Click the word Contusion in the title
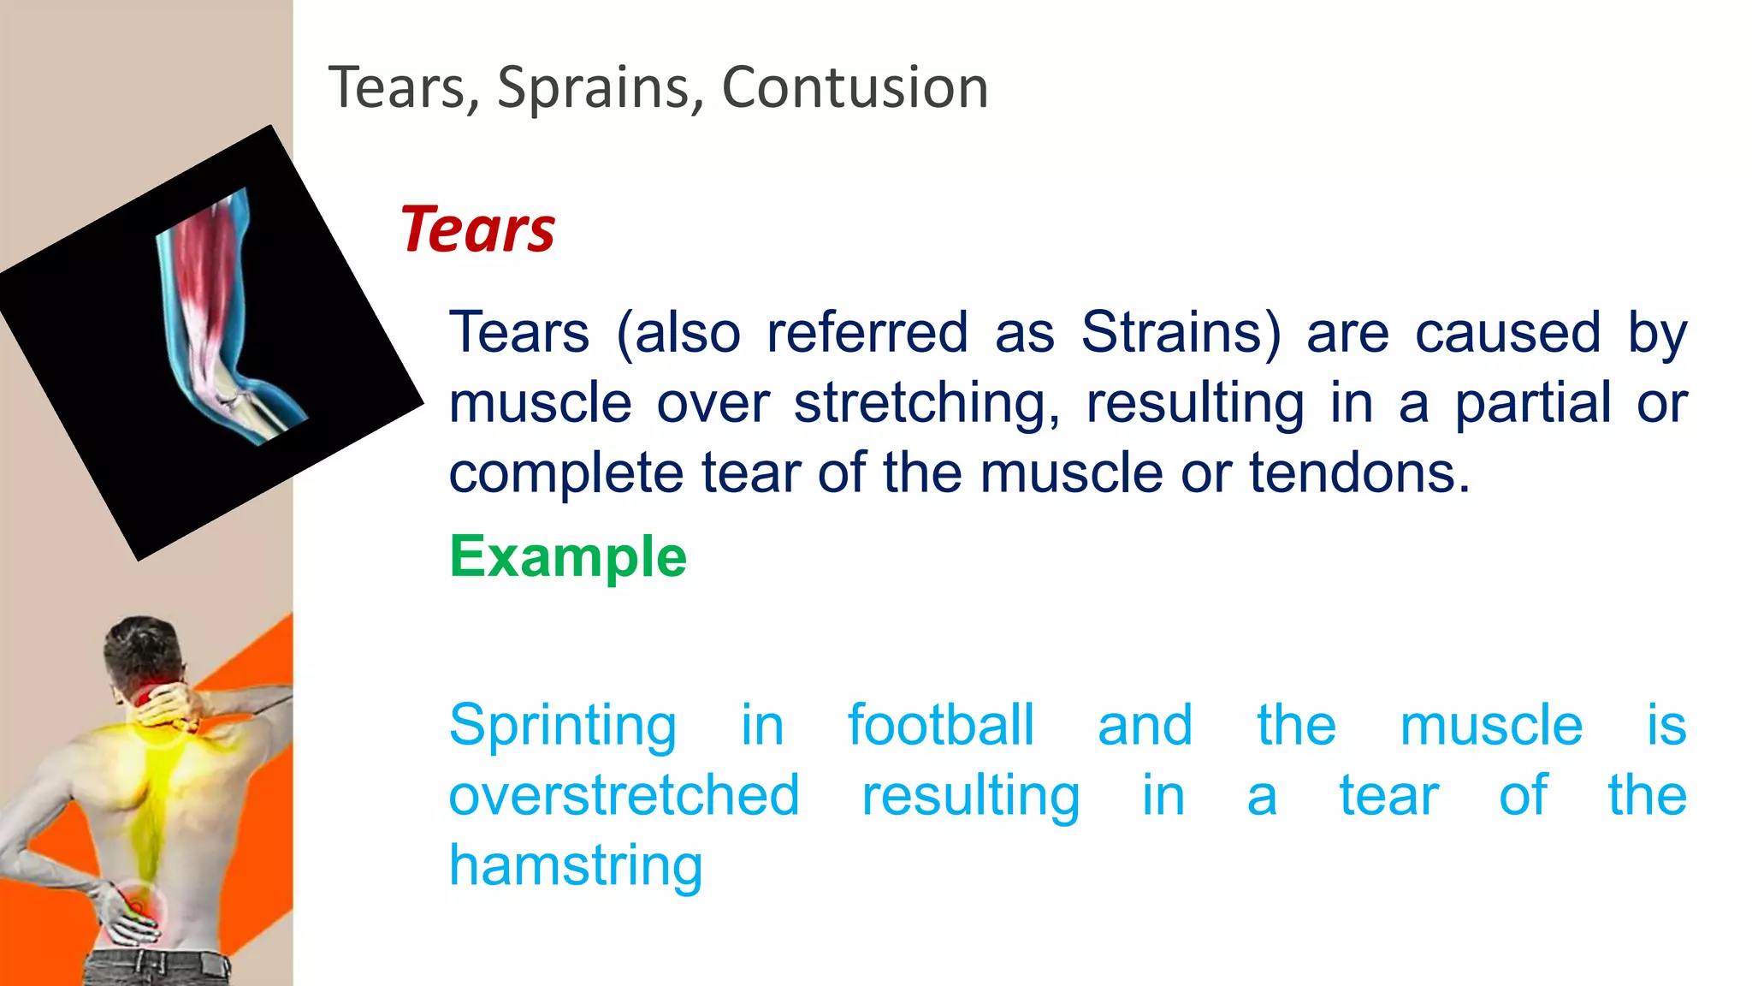(855, 87)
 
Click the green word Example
(568, 557)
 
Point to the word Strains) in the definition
(1181, 332)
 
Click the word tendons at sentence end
(1358, 472)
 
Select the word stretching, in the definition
(926, 403)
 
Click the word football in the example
(940, 725)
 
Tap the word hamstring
(576, 865)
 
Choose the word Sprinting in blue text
(563, 726)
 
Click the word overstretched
(624, 795)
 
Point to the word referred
(867, 332)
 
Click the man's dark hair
(141, 646)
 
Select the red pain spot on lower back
(137, 903)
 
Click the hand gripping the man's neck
(175, 706)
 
